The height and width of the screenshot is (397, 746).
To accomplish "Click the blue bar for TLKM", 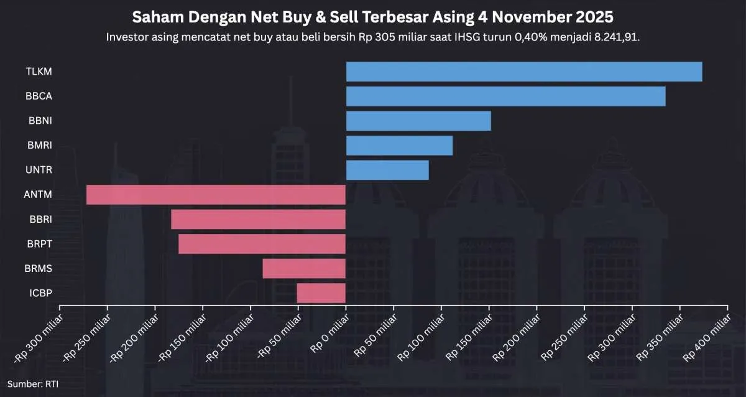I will [x=523, y=72].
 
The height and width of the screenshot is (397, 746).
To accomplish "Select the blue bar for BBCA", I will [x=505, y=96].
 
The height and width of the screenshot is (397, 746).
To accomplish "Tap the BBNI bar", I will [x=418, y=121].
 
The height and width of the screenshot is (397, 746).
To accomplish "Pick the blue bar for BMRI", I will [x=399, y=146].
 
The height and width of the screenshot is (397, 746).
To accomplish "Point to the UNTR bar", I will [x=387, y=170].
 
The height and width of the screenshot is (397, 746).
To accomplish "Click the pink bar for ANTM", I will [x=216, y=195].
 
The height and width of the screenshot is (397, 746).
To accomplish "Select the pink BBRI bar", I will [x=258, y=219].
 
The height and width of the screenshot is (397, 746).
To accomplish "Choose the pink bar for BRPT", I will [x=262, y=244].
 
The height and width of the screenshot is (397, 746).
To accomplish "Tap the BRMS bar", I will [x=304, y=268].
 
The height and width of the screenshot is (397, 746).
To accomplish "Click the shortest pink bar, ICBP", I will [x=321, y=293].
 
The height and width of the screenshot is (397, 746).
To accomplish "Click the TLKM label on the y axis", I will [x=39, y=72].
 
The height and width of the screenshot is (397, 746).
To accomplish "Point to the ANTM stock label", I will [x=39, y=195].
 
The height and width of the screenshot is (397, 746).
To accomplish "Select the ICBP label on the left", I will [x=40, y=293].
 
